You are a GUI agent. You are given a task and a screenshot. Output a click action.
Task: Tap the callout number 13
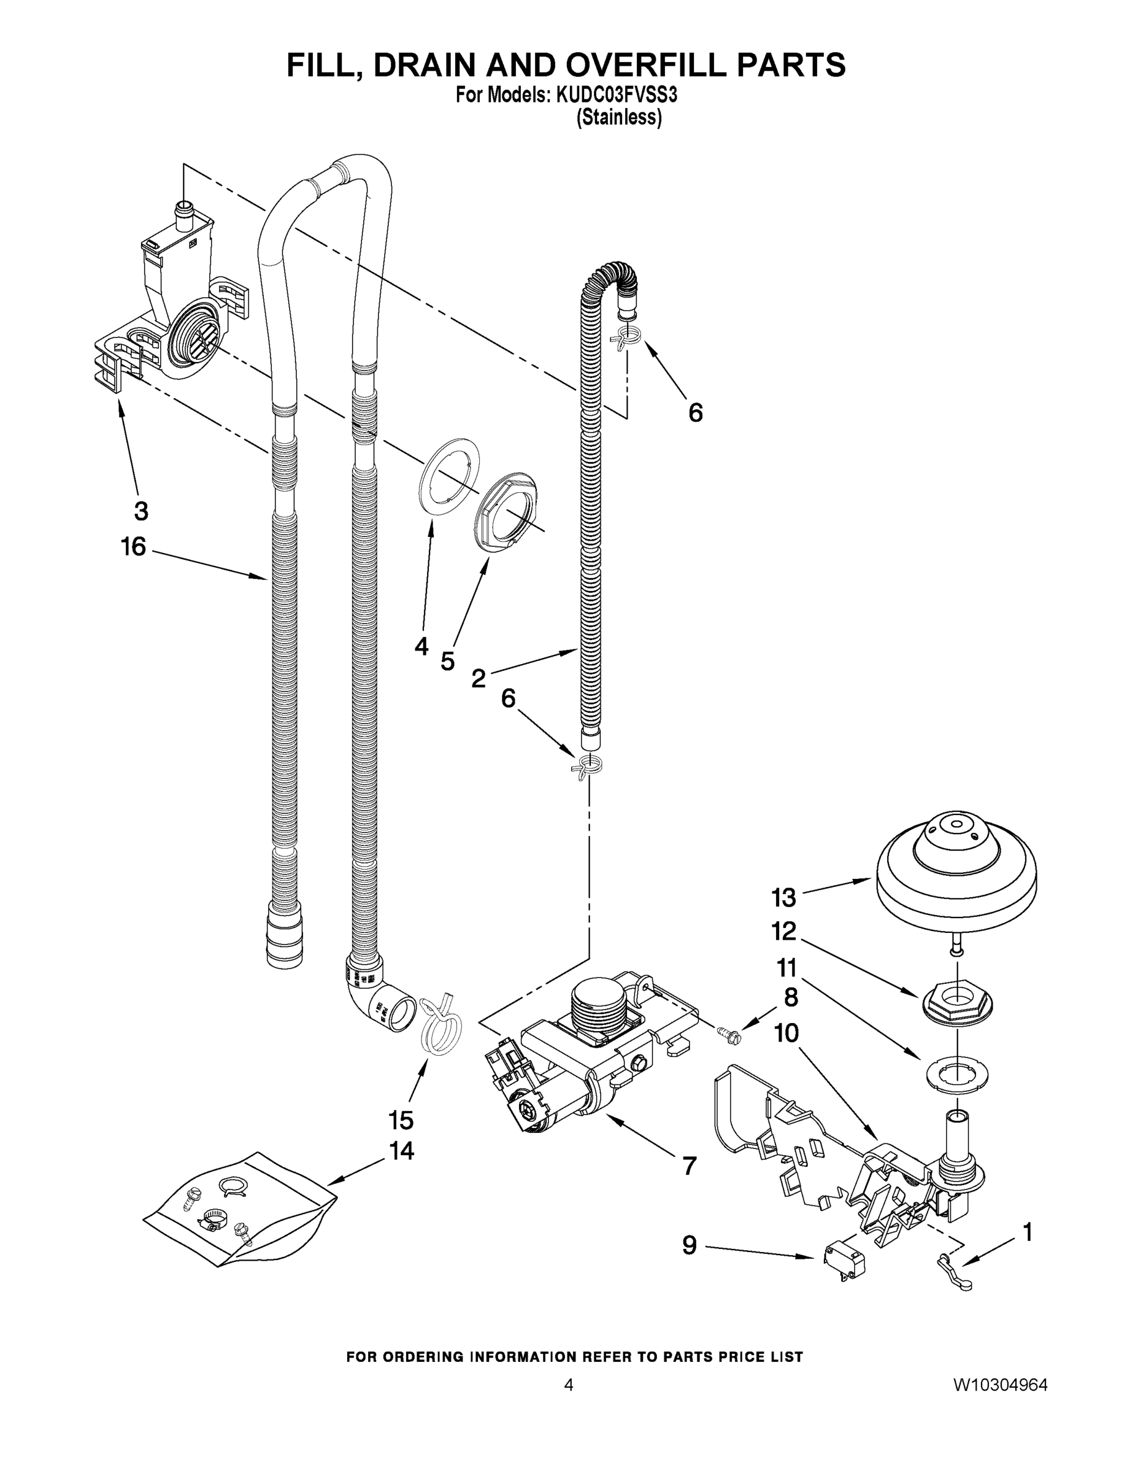[783, 898]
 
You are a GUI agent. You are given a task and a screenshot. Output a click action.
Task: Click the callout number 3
[141, 511]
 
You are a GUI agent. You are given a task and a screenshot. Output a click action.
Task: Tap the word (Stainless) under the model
[619, 117]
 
